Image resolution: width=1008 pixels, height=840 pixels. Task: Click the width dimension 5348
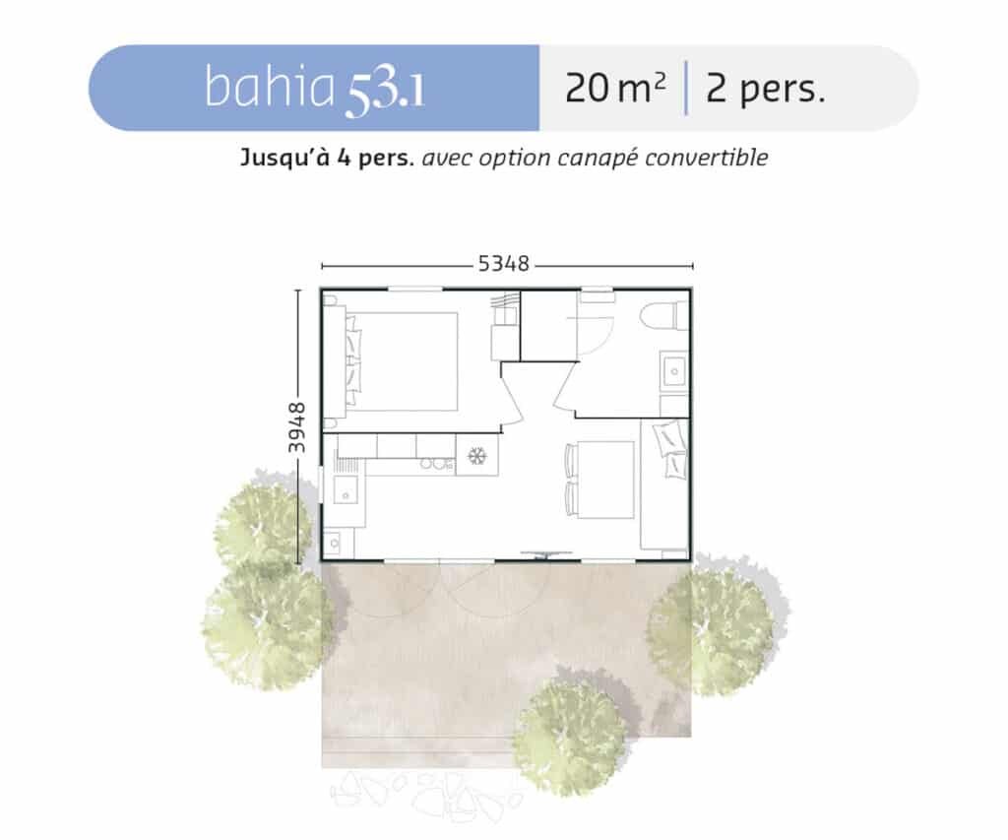click(503, 264)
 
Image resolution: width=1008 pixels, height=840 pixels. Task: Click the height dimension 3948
click(296, 427)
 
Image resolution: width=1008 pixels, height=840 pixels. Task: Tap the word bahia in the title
click(270, 87)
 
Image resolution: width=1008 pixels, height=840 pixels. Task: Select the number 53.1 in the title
click(385, 95)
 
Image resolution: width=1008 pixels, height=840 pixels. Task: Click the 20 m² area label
click(615, 88)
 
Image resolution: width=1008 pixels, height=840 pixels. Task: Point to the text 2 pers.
click(765, 89)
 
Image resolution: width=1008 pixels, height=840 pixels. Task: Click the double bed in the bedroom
click(402, 361)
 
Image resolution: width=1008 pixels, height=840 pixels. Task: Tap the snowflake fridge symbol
click(477, 456)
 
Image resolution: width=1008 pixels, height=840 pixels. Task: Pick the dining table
click(605, 480)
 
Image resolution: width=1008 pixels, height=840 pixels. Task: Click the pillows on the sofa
click(669, 449)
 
